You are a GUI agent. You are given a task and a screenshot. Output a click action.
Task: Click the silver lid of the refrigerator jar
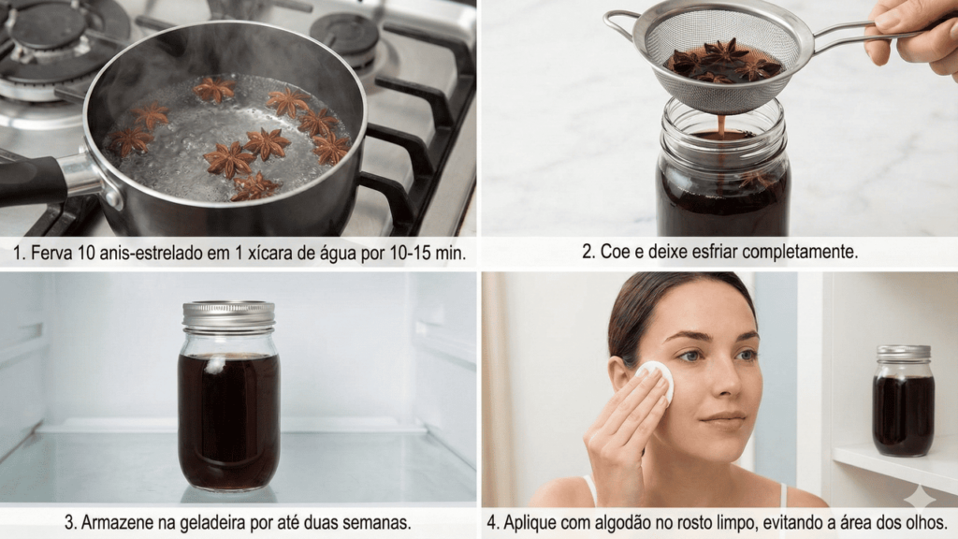228,314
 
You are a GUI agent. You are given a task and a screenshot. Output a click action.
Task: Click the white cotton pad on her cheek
657,380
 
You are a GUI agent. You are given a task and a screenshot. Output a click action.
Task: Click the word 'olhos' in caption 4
922,522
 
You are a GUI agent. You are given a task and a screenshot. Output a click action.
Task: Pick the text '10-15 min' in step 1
422,254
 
